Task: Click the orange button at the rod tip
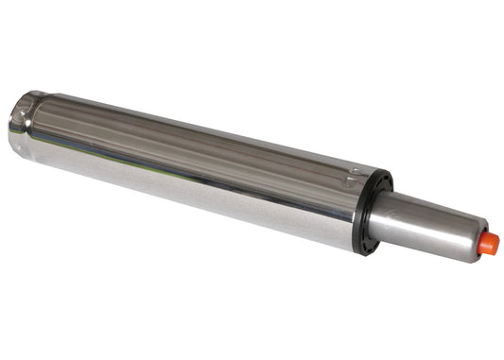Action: tap(487, 244)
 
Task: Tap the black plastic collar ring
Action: tap(374, 214)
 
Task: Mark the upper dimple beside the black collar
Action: tap(353, 173)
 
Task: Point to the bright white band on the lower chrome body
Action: tap(189, 194)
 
